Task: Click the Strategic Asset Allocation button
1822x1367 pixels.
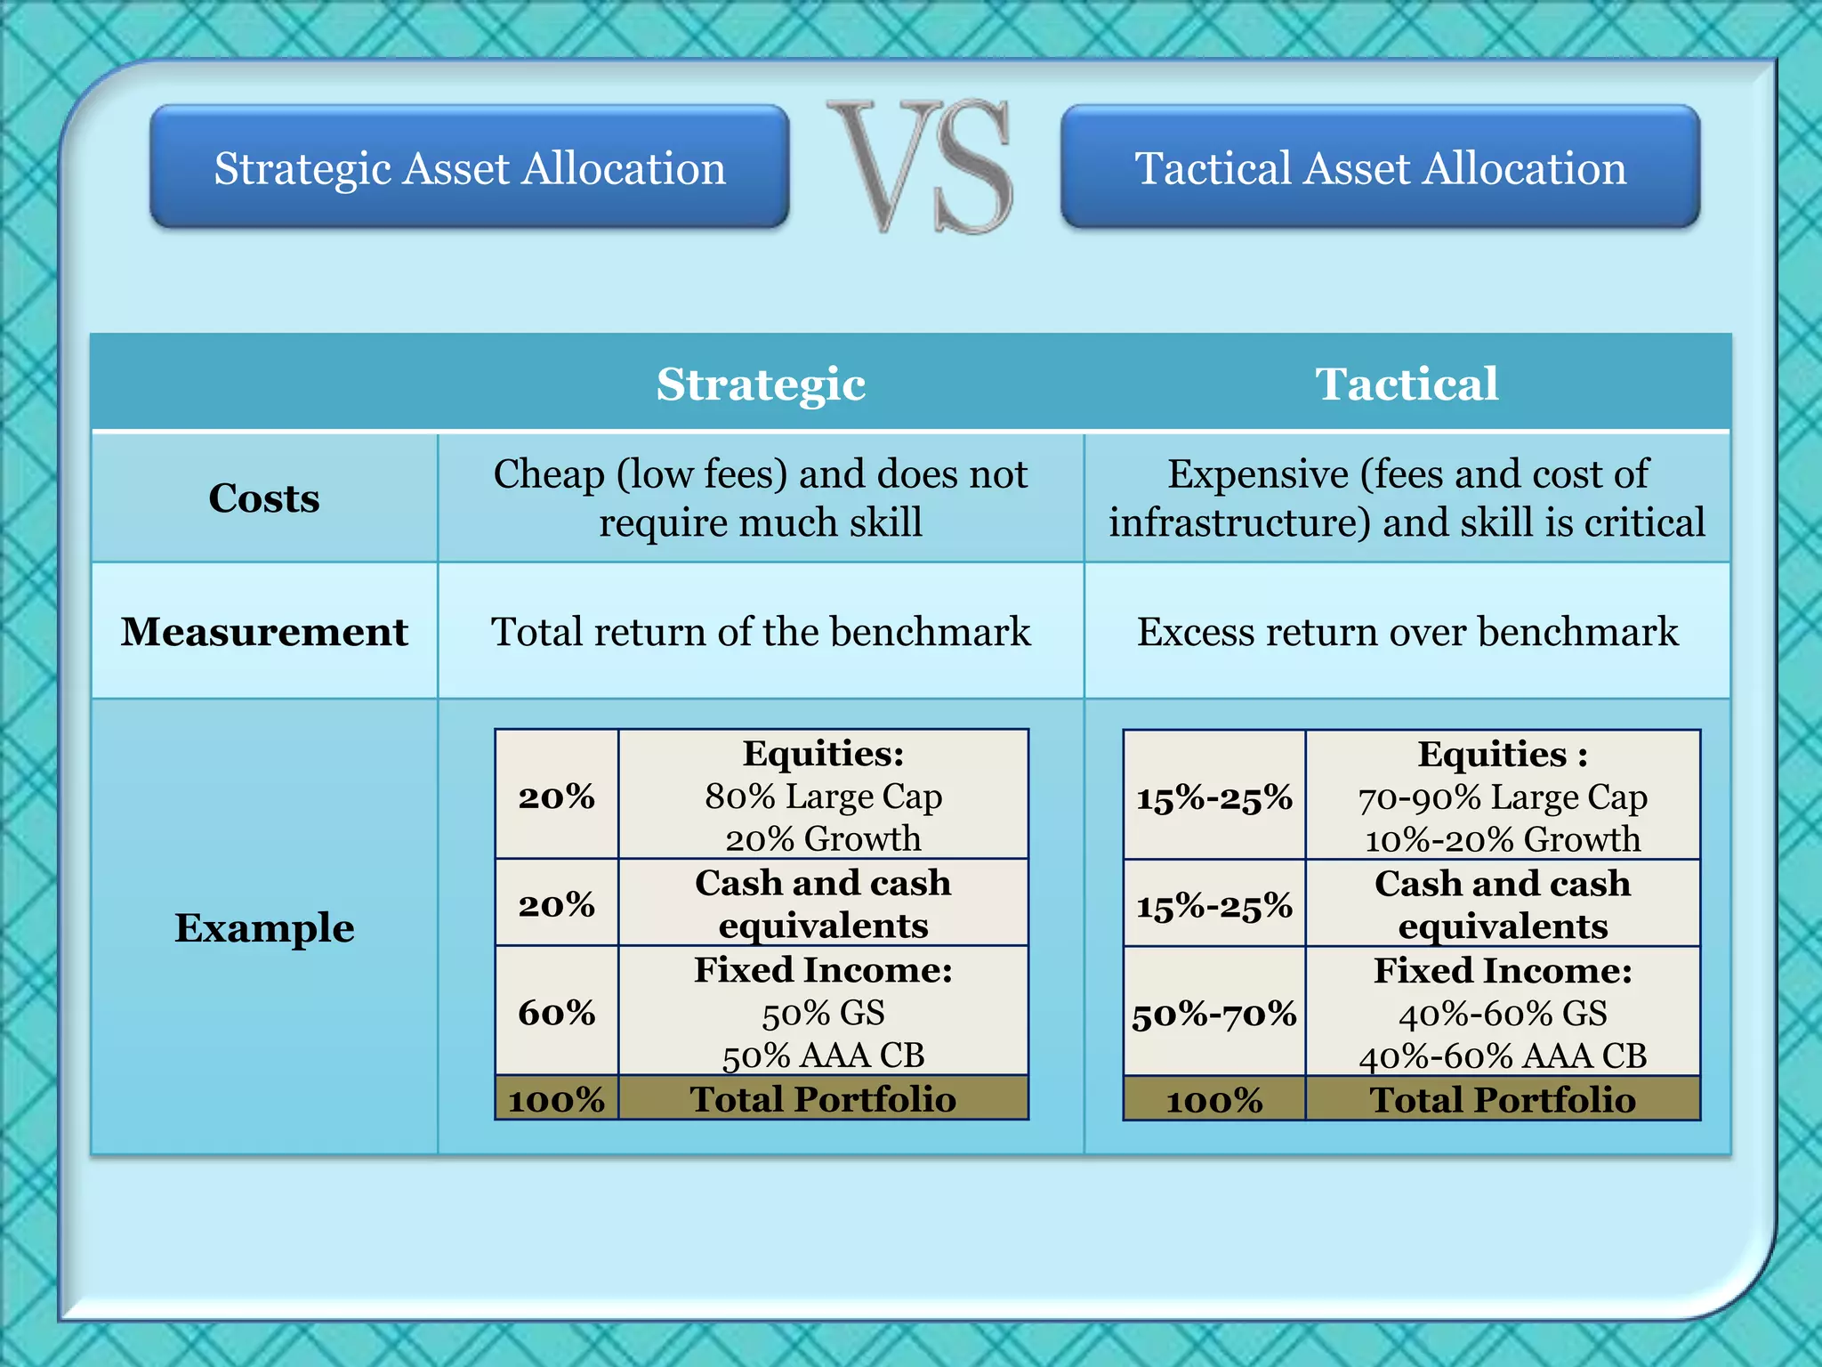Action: point(470,167)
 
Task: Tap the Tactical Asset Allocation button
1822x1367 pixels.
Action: point(1380,167)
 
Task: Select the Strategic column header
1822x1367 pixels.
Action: point(761,384)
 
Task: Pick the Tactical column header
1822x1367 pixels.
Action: point(1407,384)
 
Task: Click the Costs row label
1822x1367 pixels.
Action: point(264,498)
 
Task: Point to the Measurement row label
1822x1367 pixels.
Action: point(264,632)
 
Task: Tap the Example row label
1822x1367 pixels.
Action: point(264,928)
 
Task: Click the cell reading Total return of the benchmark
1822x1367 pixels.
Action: point(761,632)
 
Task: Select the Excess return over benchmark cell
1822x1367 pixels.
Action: point(1407,632)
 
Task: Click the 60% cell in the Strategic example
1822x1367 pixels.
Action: point(557,1013)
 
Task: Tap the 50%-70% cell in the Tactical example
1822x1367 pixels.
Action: point(1214,1015)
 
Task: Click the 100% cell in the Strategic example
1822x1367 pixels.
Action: point(557,1100)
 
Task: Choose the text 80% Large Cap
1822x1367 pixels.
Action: point(823,797)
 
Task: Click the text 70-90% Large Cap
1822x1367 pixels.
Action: point(1503,797)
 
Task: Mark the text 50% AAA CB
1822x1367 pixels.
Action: point(823,1056)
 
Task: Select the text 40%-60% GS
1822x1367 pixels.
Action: point(1503,1014)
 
